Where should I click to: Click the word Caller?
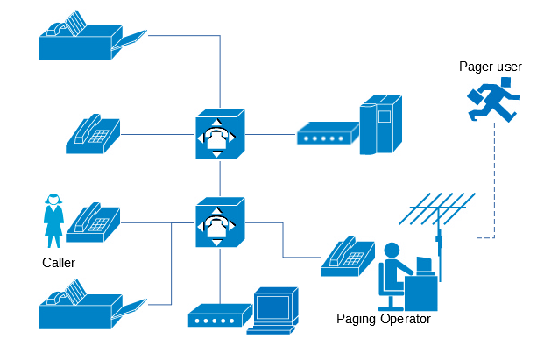point(59,263)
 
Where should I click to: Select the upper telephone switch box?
point(220,134)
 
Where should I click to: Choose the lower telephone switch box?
point(220,222)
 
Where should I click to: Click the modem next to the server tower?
point(327,134)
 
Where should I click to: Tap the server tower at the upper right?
point(381,125)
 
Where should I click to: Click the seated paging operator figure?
point(394,272)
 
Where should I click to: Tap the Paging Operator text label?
point(384,319)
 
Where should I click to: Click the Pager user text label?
point(491,67)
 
